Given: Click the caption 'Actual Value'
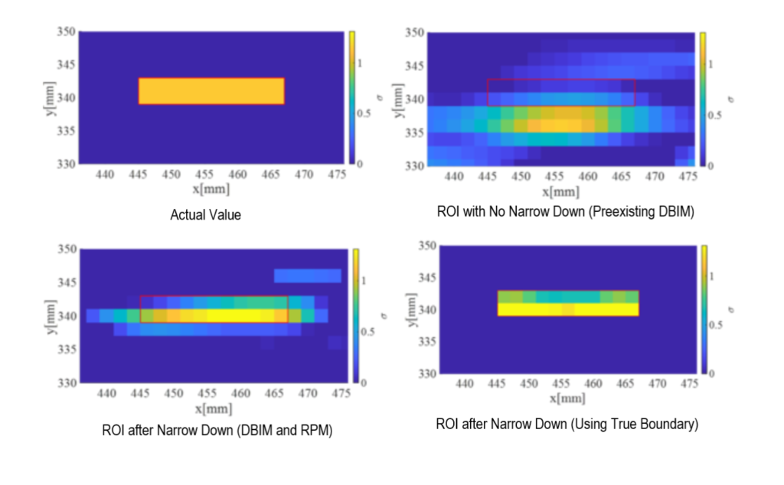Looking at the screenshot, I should (x=205, y=216).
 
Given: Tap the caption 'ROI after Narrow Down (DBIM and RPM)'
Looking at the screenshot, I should (x=217, y=430).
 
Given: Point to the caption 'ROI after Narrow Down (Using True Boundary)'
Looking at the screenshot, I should (x=567, y=424).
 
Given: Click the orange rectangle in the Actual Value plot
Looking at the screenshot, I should (x=211, y=91).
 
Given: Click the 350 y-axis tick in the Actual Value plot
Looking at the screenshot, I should (x=67, y=33).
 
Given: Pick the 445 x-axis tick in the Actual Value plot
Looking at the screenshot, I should (x=139, y=175).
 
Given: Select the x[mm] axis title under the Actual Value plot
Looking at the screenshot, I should (x=211, y=188).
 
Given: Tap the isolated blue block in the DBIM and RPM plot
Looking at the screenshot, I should (x=307, y=275).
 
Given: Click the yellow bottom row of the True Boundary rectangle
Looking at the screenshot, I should (x=567, y=309).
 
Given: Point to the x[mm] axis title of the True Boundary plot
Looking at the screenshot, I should (x=568, y=399).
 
